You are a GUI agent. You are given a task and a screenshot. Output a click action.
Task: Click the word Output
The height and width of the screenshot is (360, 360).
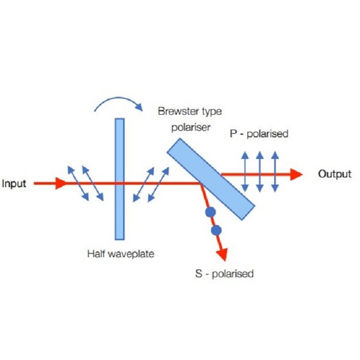(334, 174)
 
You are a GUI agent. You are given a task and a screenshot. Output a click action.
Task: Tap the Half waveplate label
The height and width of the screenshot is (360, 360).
(120, 254)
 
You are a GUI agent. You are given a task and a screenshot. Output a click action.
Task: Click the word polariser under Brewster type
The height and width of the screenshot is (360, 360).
(190, 127)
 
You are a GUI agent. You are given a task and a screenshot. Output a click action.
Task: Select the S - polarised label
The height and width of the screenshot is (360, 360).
(224, 274)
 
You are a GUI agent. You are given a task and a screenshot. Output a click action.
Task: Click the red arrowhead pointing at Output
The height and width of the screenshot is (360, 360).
(296, 174)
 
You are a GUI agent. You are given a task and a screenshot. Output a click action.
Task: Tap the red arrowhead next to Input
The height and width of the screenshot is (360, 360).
(60, 183)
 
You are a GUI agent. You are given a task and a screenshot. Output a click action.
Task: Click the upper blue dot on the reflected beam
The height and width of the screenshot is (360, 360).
(209, 212)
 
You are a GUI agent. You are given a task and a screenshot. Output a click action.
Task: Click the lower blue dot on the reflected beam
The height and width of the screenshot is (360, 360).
(215, 230)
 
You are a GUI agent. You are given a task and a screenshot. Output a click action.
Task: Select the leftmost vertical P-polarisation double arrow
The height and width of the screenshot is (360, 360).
(245, 172)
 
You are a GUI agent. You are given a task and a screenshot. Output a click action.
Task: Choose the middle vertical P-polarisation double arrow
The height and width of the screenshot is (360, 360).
(260, 172)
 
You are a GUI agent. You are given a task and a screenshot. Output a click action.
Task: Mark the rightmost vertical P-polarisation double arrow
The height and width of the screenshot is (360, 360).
(275, 172)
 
